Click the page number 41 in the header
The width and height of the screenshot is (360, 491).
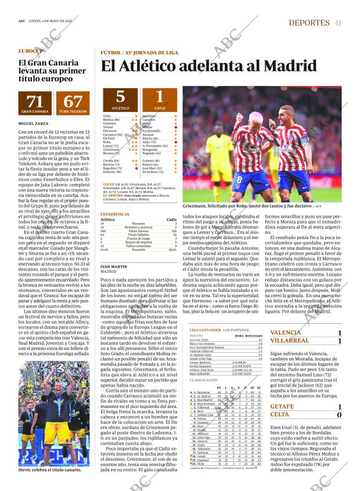[x=337, y=23]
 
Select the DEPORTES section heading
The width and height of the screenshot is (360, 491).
[x=309, y=23]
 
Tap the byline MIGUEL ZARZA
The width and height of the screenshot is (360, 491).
[x=33, y=124]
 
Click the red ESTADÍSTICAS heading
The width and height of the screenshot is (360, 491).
[x=114, y=214]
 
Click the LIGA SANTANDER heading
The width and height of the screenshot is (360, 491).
[x=206, y=330]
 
